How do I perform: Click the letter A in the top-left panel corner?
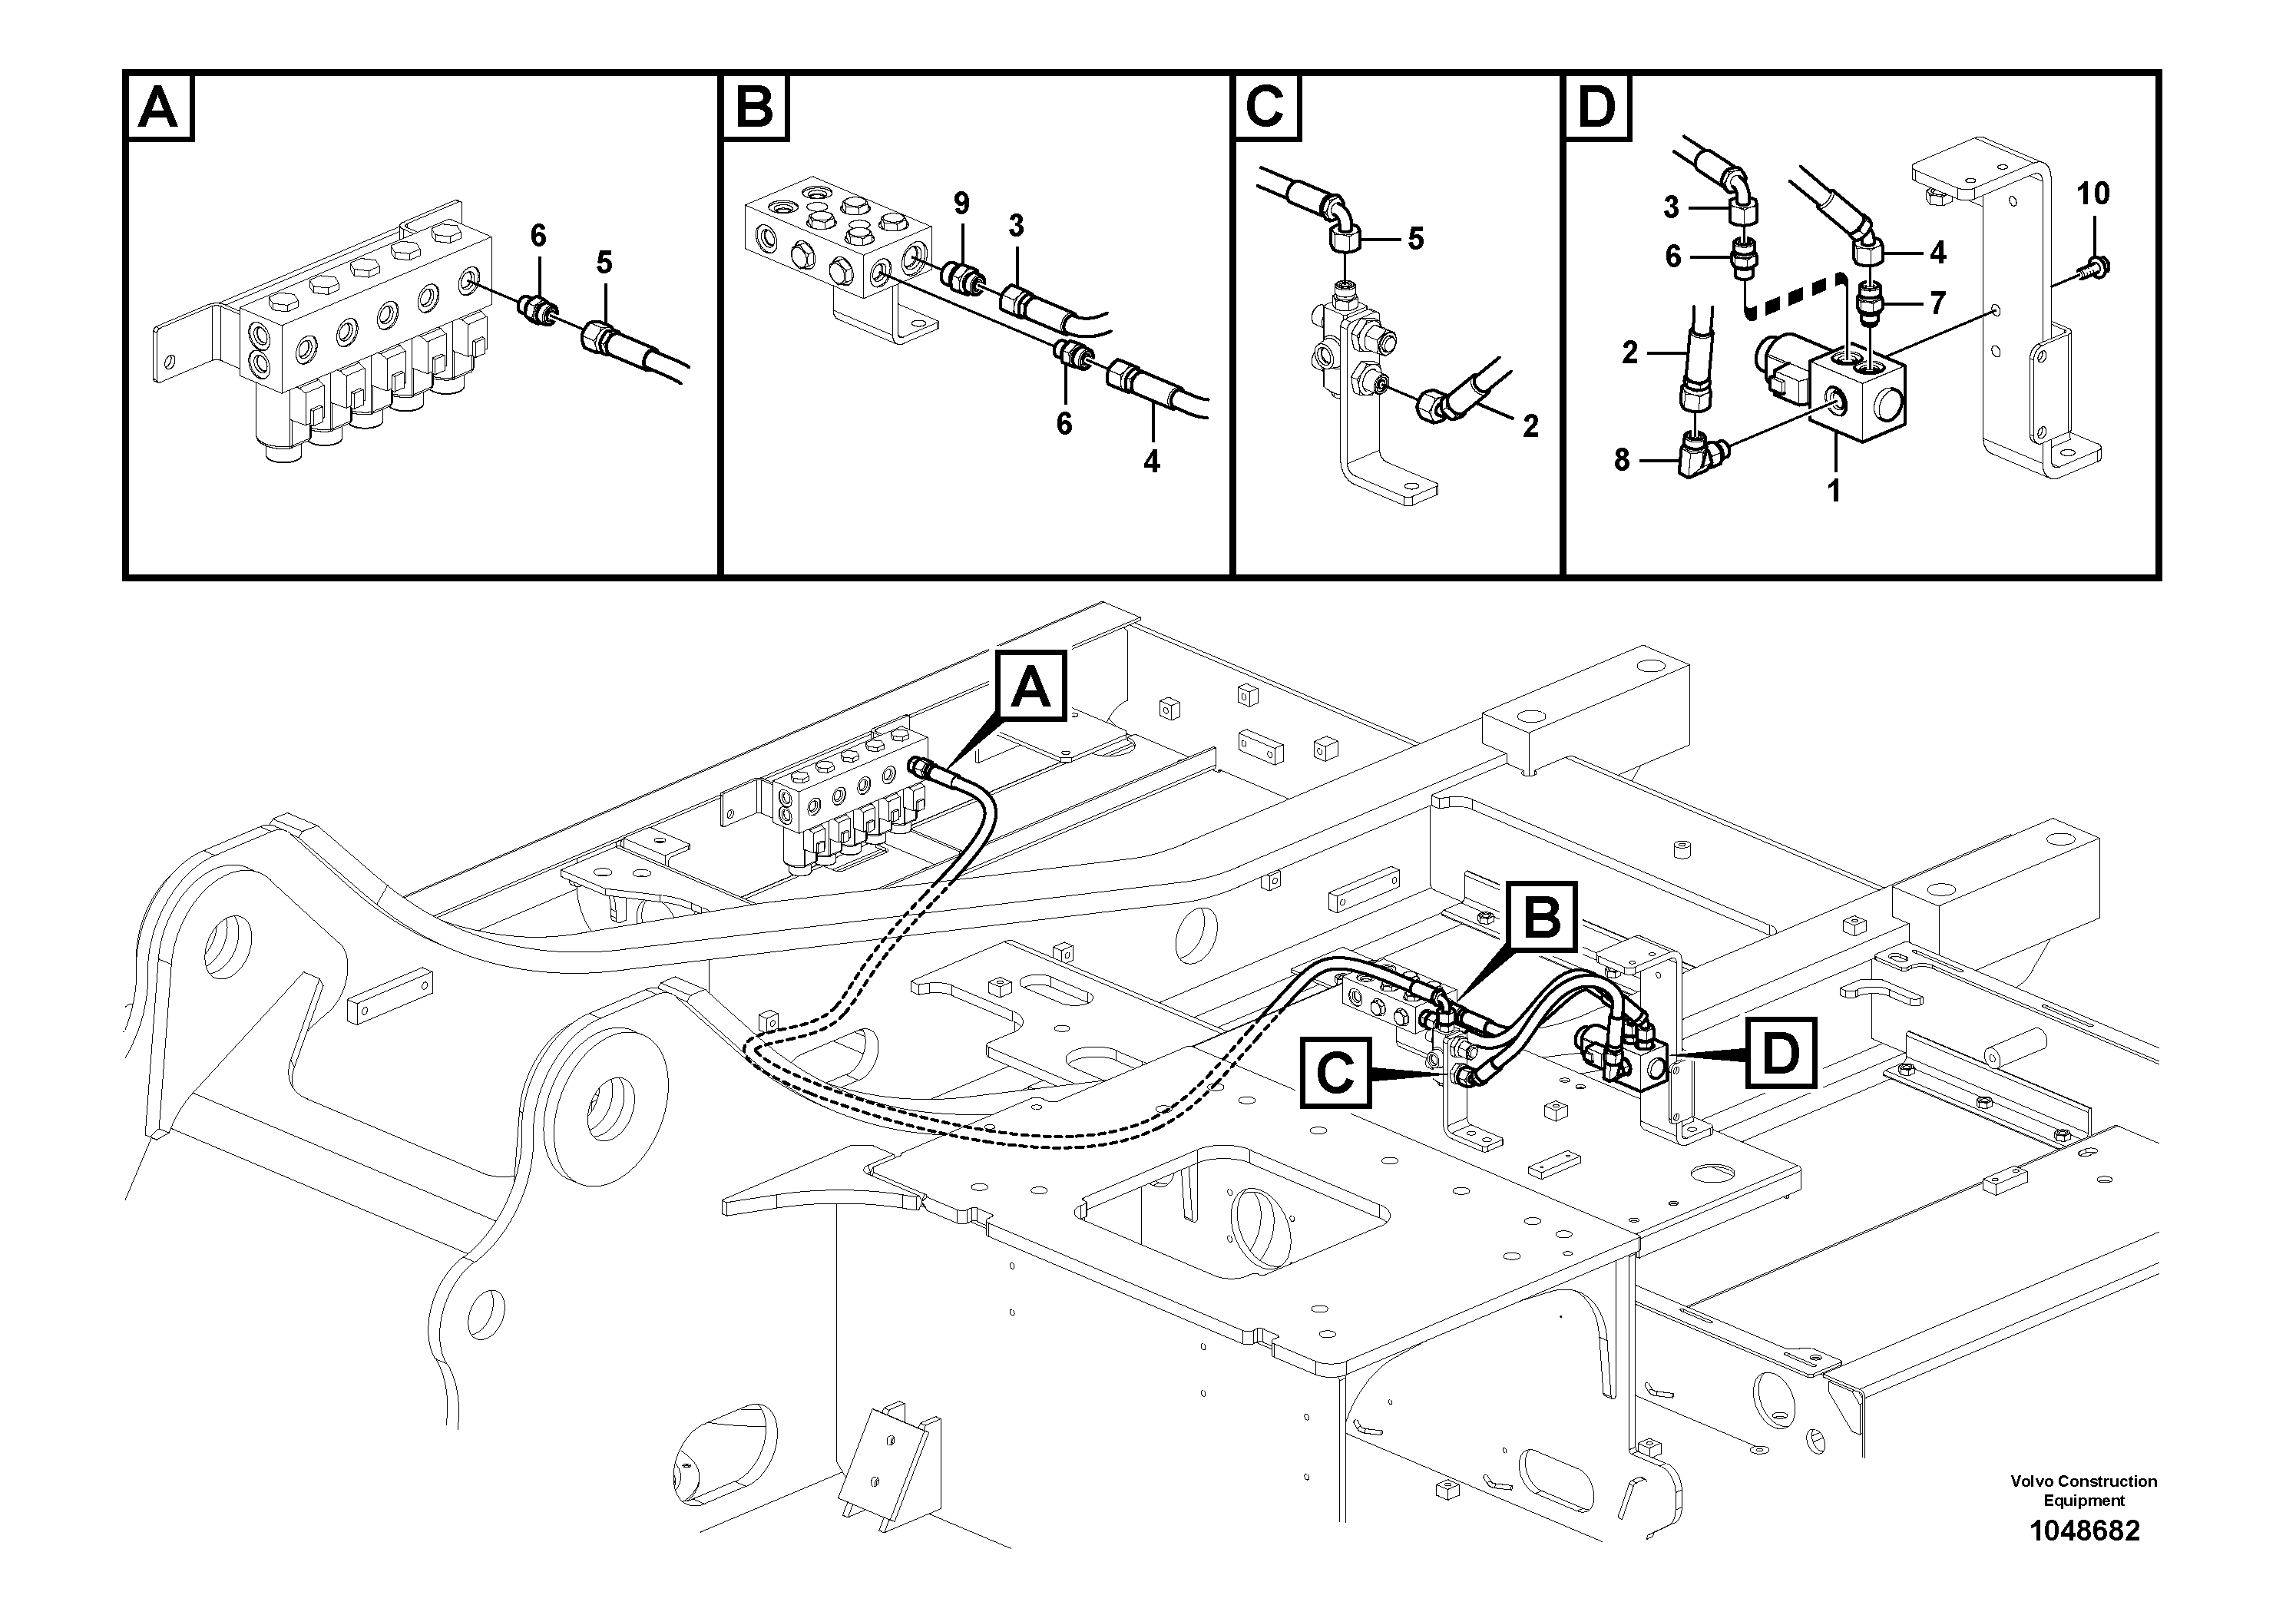[159, 108]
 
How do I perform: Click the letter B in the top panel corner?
[754, 108]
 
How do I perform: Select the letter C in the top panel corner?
[1266, 108]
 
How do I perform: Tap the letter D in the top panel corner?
[1598, 108]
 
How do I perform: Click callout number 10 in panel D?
[2092, 194]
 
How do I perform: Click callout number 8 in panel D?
[1622, 460]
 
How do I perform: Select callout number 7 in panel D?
[1937, 301]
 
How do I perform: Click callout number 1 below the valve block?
[1834, 490]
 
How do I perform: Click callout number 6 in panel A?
[538, 236]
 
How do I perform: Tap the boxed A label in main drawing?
[1031, 687]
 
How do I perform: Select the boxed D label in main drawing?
[1779, 1052]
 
